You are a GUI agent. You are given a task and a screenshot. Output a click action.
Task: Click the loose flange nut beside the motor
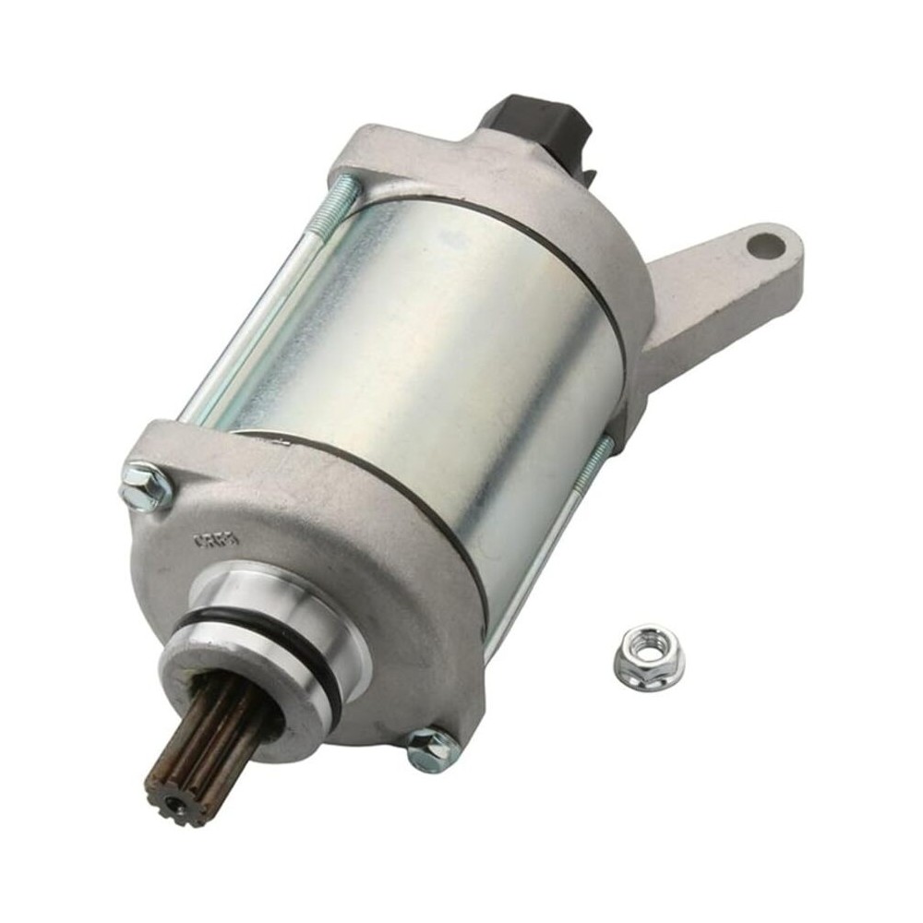(648, 656)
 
